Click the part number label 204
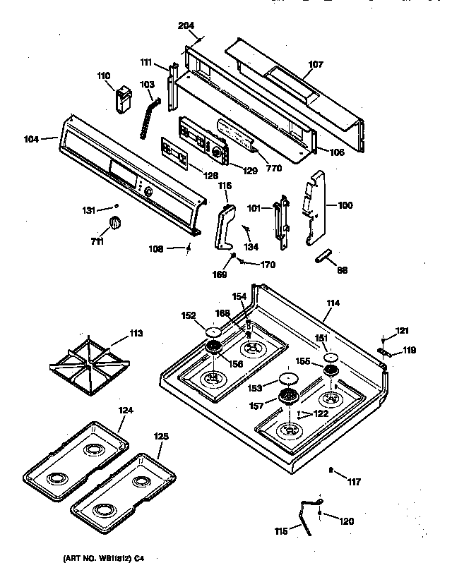coord(186,25)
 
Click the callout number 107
coord(316,64)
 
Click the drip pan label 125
coord(161,437)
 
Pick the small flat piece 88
coord(325,255)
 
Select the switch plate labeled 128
coord(174,153)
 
